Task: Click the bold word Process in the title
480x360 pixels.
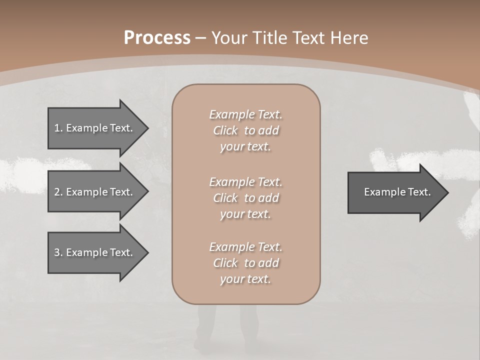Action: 157,38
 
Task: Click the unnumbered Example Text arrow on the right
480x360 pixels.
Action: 397,192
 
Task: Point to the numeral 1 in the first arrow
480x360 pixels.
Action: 57,128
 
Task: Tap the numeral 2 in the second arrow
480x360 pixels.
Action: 57,192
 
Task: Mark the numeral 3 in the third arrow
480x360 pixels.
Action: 57,252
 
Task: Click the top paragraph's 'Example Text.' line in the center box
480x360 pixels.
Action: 245,114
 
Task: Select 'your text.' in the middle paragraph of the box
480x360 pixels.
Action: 245,214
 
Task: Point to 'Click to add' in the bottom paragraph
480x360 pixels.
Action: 245,263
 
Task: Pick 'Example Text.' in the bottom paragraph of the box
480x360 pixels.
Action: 245,247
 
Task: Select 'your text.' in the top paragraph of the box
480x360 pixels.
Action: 245,146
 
